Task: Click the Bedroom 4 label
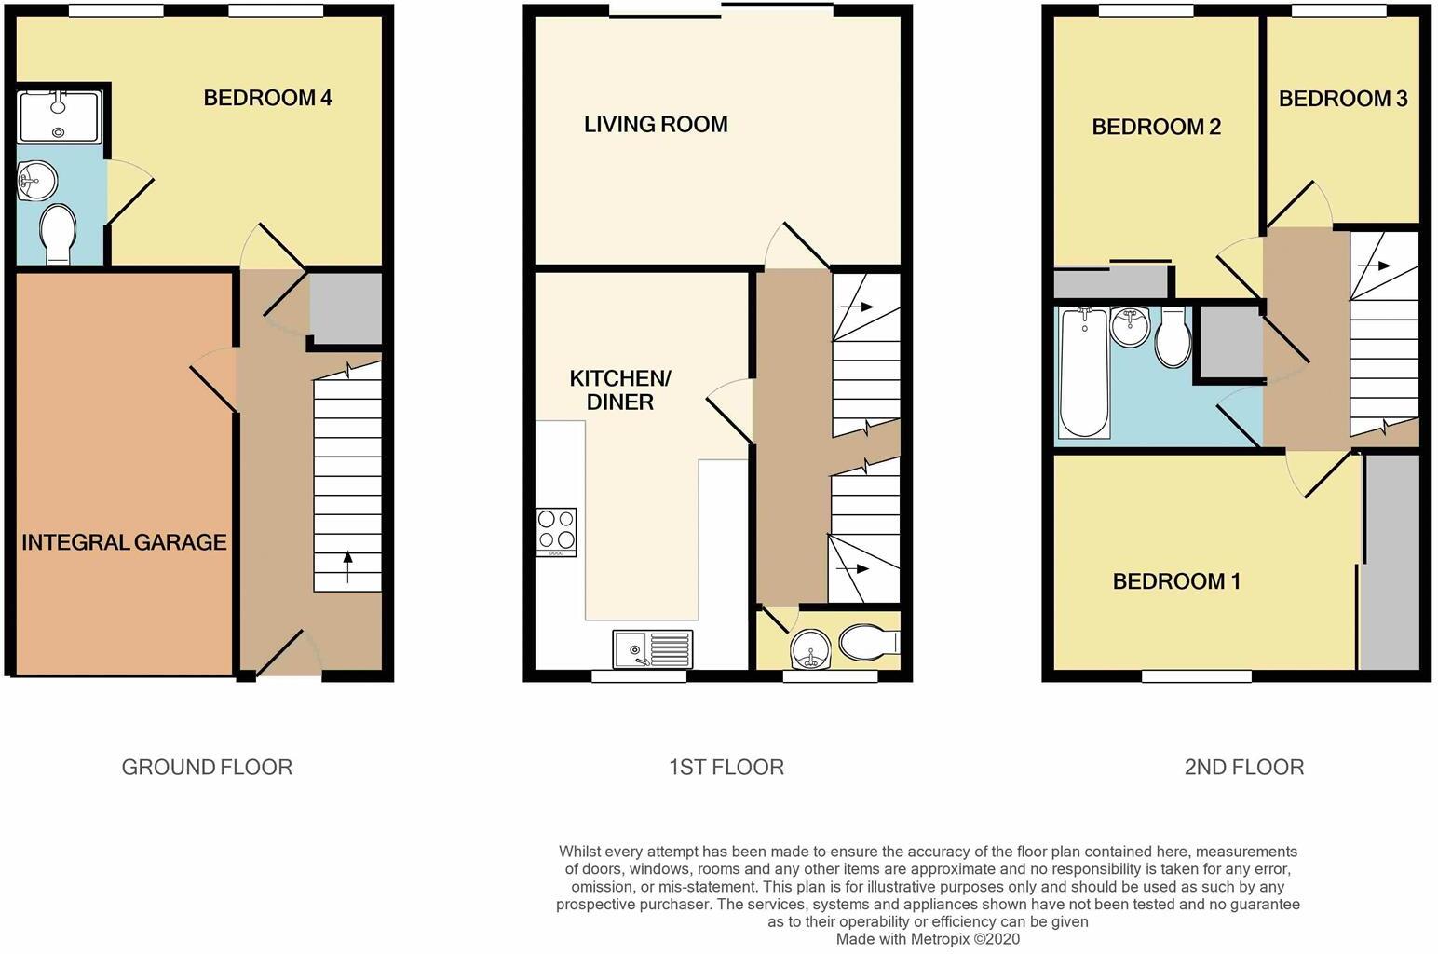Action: click(x=267, y=98)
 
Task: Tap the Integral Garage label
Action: click(x=124, y=542)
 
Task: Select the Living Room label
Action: click(x=656, y=125)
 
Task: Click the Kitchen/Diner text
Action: click(x=620, y=390)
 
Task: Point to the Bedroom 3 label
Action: click(x=1342, y=99)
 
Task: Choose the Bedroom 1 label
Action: click(x=1176, y=581)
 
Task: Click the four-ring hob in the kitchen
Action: click(x=556, y=531)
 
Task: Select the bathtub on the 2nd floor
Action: click(x=1083, y=373)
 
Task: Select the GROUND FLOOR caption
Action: click(x=207, y=767)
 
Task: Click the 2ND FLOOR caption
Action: click(x=1243, y=767)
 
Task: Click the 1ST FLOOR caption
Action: click(x=726, y=767)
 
